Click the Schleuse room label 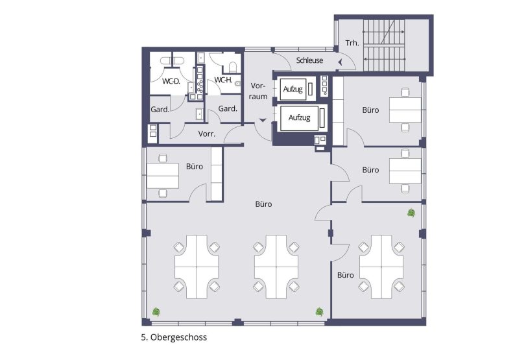[309, 60]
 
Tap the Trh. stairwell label [352, 43]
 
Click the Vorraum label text [259, 91]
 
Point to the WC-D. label [172, 81]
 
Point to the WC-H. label [223, 80]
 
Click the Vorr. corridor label [207, 134]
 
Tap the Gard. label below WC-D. [160, 109]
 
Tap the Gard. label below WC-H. [228, 108]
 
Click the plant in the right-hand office [411, 213]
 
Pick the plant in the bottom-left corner [156, 311]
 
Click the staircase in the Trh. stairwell [385, 43]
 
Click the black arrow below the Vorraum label [262, 120]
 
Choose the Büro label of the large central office [263, 204]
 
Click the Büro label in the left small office [195, 167]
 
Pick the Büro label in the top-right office [370, 110]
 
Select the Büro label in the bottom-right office [345, 275]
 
